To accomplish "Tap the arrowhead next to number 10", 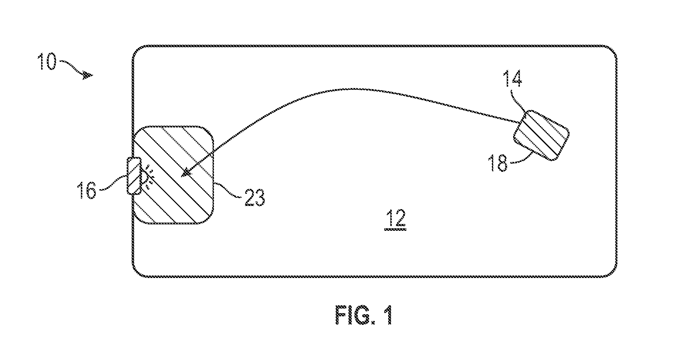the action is point(88,75).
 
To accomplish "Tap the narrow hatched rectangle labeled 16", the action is point(134,176).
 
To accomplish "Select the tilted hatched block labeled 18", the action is point(541,135).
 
